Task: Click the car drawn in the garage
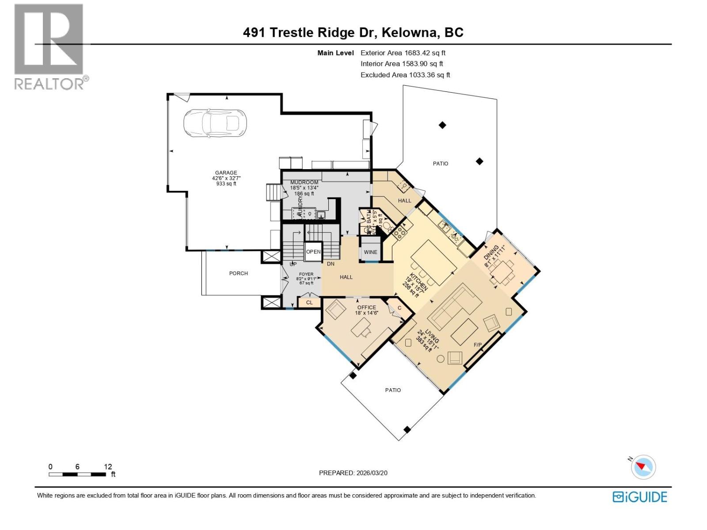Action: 215,123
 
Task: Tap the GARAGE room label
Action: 226,173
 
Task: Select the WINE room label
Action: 370,252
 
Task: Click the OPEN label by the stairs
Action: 313,252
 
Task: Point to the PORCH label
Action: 238,273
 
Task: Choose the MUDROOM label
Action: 304,182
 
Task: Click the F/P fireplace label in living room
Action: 478,345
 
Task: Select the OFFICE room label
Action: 366,307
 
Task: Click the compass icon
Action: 643,466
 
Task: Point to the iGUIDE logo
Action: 639,497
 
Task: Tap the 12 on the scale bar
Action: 108,467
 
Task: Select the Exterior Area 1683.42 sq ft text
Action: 403,53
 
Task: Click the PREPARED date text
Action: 353,473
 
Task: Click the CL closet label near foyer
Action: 309,303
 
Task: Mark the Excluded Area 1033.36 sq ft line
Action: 405,75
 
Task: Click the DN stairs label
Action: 331,264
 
